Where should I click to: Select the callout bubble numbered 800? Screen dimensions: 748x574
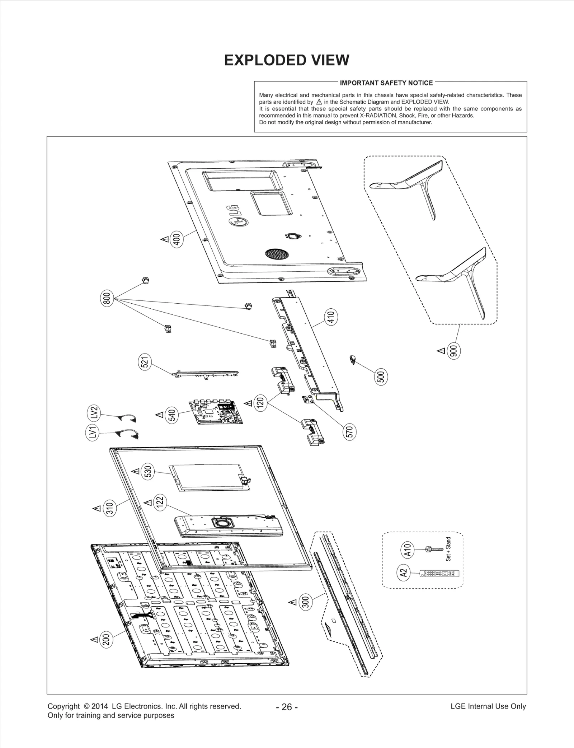click(x=106, y=299)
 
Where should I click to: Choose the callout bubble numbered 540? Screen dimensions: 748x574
click(x=172, y=415)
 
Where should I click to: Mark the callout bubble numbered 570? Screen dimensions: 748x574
click(x=349, y=431)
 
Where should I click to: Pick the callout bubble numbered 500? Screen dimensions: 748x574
click(x=381, y=377)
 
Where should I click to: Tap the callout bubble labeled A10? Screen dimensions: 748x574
click(x=407, y=550)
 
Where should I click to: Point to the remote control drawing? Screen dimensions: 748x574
click(x=439, y=574)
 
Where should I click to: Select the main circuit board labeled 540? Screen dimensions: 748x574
click(x=215, y=413)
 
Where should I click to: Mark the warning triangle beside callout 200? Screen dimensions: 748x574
click(x=94, y=639)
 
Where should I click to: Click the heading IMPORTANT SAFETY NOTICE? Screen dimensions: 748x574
click(x=386, y=83)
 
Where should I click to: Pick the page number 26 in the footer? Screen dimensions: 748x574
click(x=287, y=707)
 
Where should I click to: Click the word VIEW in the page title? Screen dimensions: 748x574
click(x=330, y=60)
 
